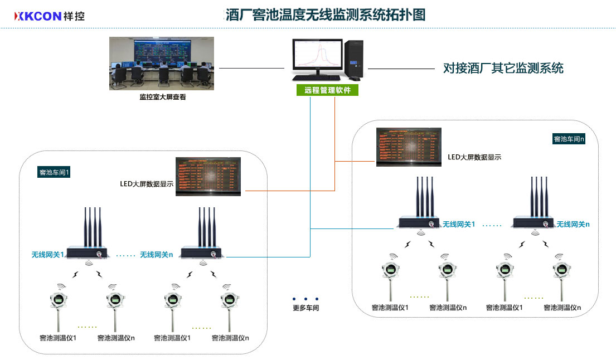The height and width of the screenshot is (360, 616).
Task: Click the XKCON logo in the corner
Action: (x=50, y=16)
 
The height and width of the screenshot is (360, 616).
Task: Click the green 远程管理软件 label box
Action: (x=327, y=90)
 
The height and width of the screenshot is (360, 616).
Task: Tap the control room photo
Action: (x=162, y=64)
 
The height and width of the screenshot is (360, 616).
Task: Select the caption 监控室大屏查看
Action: (x=163, y=97)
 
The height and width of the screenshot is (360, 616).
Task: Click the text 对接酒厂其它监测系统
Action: (x=503, y=69)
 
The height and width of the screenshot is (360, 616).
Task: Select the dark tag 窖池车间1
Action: (x=54, y=172)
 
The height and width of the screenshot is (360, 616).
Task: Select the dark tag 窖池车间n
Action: (x=569, y=139)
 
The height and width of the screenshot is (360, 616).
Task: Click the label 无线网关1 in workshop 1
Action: (x=47, y=255)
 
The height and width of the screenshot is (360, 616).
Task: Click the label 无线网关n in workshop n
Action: (x=573, y=224)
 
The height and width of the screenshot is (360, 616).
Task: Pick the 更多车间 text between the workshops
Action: (x=306, y=308)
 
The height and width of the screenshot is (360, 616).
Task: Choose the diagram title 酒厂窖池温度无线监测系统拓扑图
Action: (x=326, y=15)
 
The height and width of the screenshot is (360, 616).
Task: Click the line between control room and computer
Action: (x=251, y=69)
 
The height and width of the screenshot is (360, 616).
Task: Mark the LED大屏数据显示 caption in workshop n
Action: (x=474, y=157)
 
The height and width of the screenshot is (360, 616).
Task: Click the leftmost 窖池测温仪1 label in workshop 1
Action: (x=58, y=338)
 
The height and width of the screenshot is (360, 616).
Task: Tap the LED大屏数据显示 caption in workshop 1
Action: (x=147, y=183)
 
